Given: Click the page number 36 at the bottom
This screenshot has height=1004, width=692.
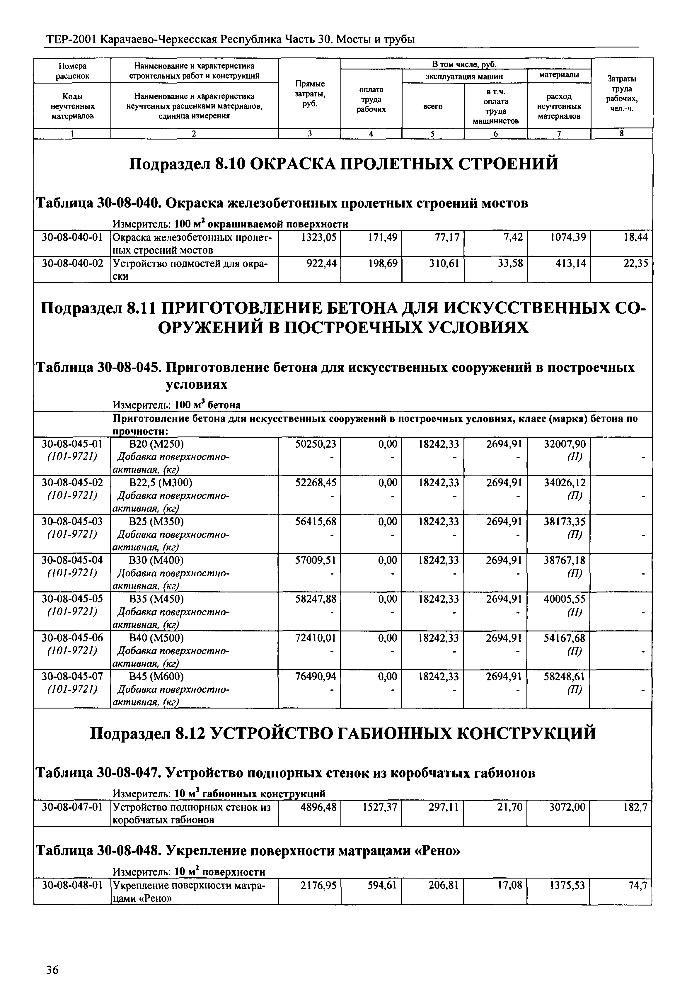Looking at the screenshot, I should click(52, 970).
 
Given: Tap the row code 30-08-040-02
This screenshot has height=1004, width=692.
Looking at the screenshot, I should click(72, 263).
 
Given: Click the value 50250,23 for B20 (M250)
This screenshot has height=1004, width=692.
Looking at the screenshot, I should click(315, 444).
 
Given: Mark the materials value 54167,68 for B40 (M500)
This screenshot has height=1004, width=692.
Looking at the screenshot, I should click(565, 638).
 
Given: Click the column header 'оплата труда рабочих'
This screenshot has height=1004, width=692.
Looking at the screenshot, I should click(371, 100).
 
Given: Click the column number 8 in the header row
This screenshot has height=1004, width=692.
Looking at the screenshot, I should click(621, 134).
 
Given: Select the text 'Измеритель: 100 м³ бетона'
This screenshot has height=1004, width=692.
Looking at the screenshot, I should click(176, 405).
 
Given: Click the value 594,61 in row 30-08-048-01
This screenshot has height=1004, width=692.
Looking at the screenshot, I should click(382, 885).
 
